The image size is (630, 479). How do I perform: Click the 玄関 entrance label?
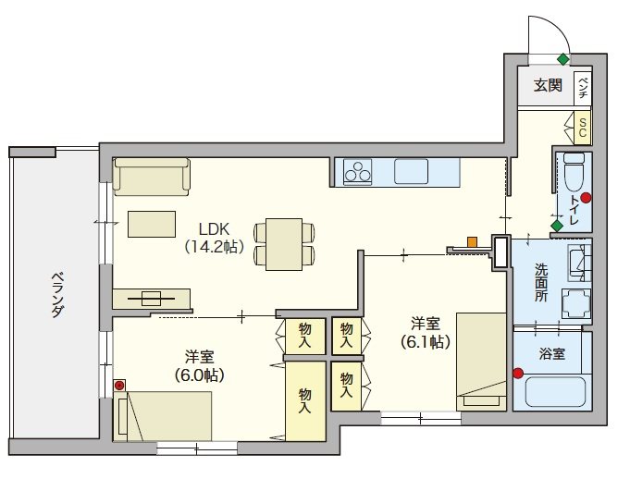tap(548, 85)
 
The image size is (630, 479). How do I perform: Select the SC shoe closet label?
tap(583, 128)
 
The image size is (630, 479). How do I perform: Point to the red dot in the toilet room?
tap(587, 198)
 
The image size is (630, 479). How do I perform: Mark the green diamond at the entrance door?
tap(563, 59)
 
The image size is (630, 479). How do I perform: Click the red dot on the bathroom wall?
tap(518, 374)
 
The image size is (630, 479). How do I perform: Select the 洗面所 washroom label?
tap(541, 283)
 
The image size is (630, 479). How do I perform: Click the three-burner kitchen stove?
tap(358, 173)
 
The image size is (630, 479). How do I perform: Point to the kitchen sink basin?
tap(411, 171)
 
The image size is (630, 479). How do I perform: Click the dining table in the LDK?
tap(284, 244)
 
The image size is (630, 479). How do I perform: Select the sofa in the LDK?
tap(151, 177)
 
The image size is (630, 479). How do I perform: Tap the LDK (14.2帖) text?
tap(214, 238)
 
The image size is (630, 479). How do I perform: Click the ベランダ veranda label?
tap(58, 295)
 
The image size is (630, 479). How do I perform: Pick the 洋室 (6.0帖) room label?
tap(199, 366)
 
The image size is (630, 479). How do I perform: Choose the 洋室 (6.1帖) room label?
tap(426, 333)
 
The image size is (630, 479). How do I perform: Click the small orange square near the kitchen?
tap(472, 242)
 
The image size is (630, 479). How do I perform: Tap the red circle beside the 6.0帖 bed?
tap(119, 386)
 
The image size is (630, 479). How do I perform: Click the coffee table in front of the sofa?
tap(152, 224)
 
